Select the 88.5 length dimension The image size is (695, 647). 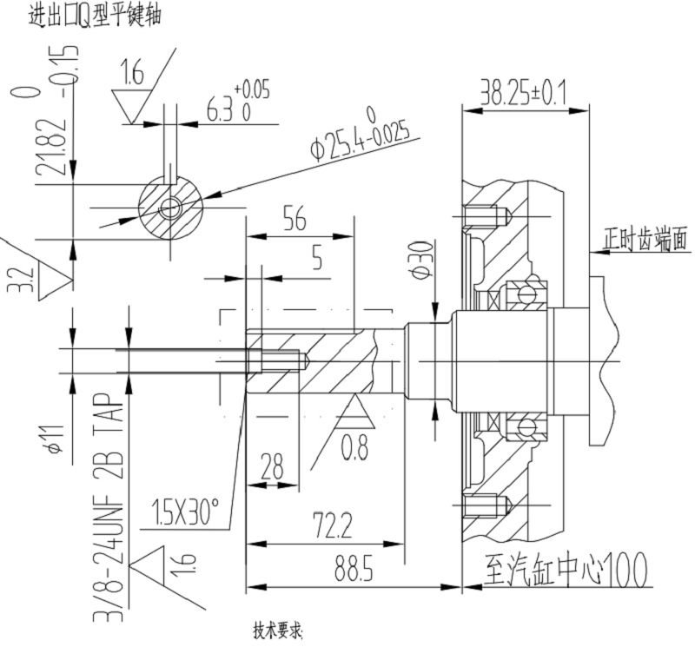click(x=354, y=571)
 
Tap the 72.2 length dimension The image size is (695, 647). click(x=332, y=525)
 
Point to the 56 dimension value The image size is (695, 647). click(x=295, y=221)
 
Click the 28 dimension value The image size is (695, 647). click(x=272, y=467)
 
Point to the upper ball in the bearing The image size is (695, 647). click(x=526, y=293)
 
